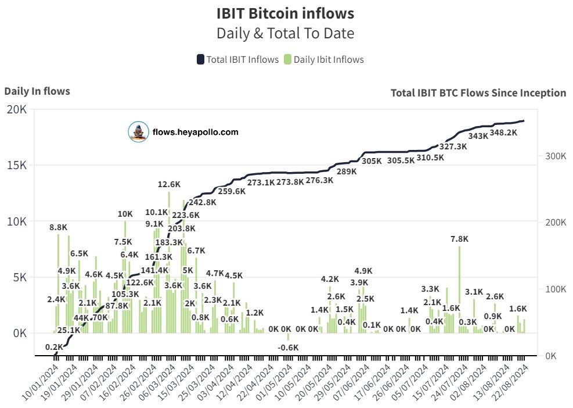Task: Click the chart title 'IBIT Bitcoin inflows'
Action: pos(286,13)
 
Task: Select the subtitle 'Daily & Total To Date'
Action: pos(286,33)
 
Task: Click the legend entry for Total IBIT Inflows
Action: pos(237,59)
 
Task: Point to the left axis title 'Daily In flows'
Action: pos(37,91)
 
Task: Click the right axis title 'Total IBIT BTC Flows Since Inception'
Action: pos(478,93)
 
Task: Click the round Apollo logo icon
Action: pos(138,133)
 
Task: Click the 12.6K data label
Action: pos(169,184)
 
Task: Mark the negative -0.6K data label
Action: pos(287,347)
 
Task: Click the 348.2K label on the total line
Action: pos(503,133)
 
